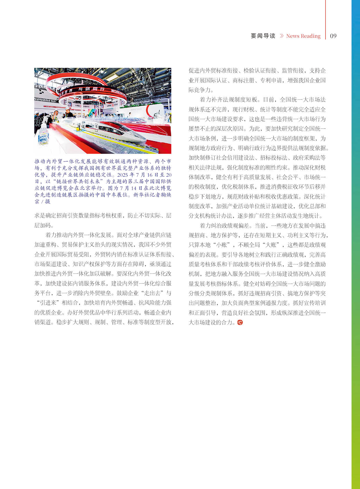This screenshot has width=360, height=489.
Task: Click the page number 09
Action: (333, 36)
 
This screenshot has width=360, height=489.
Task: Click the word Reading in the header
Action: (311, 36)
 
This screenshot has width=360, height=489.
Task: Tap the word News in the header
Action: (293, 36)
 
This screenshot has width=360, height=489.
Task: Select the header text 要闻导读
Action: (263, 36)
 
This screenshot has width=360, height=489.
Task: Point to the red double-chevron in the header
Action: (281, 36)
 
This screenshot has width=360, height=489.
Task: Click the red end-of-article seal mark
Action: (240, 322)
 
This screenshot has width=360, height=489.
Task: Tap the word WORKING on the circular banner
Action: (117, 92)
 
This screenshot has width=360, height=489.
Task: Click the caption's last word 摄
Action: (48, 201)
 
